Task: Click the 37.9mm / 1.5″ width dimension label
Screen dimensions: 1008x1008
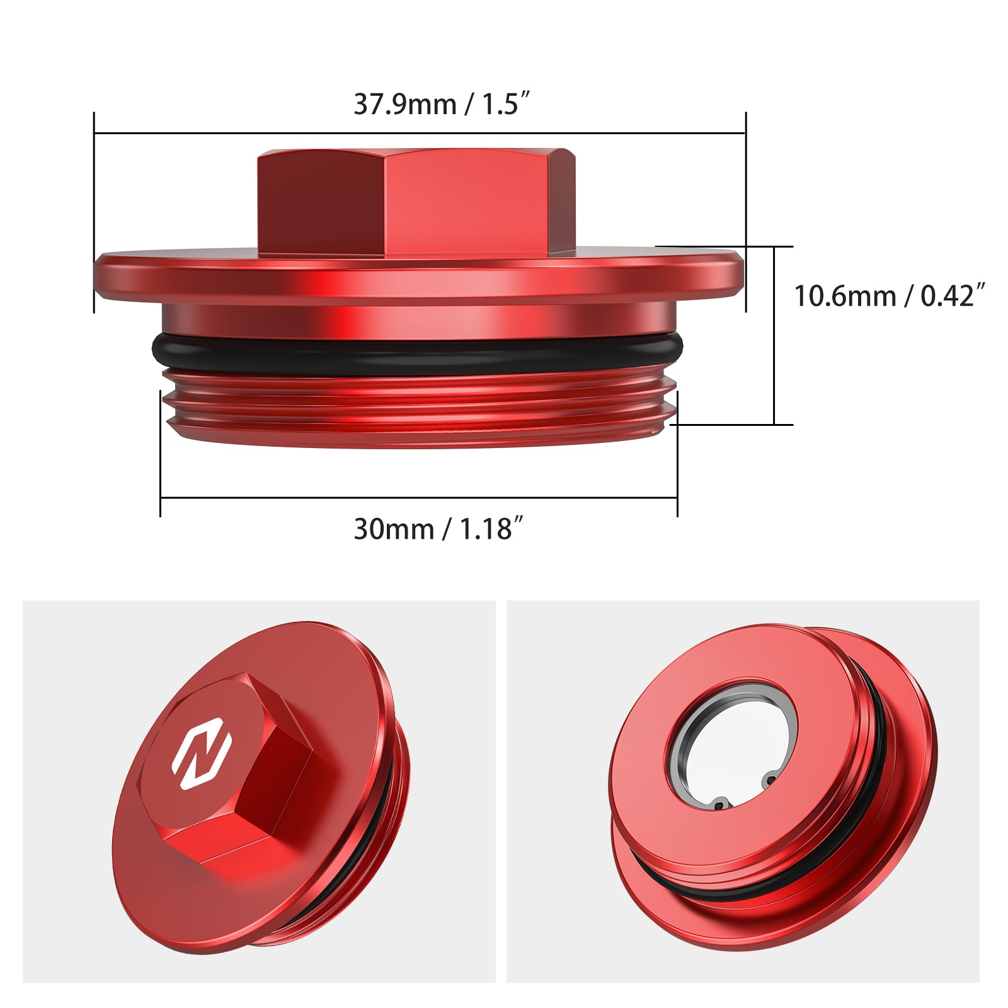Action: coord(441,105)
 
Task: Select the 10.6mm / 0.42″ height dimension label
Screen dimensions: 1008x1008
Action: coord(888,296)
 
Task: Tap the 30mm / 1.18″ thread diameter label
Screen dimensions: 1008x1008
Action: coord(438,529)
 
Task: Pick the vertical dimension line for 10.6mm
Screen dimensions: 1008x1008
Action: coord(774,334)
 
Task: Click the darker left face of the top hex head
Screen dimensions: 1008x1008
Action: coord(321,205)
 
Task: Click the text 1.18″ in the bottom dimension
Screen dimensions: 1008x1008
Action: coord(492,529)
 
